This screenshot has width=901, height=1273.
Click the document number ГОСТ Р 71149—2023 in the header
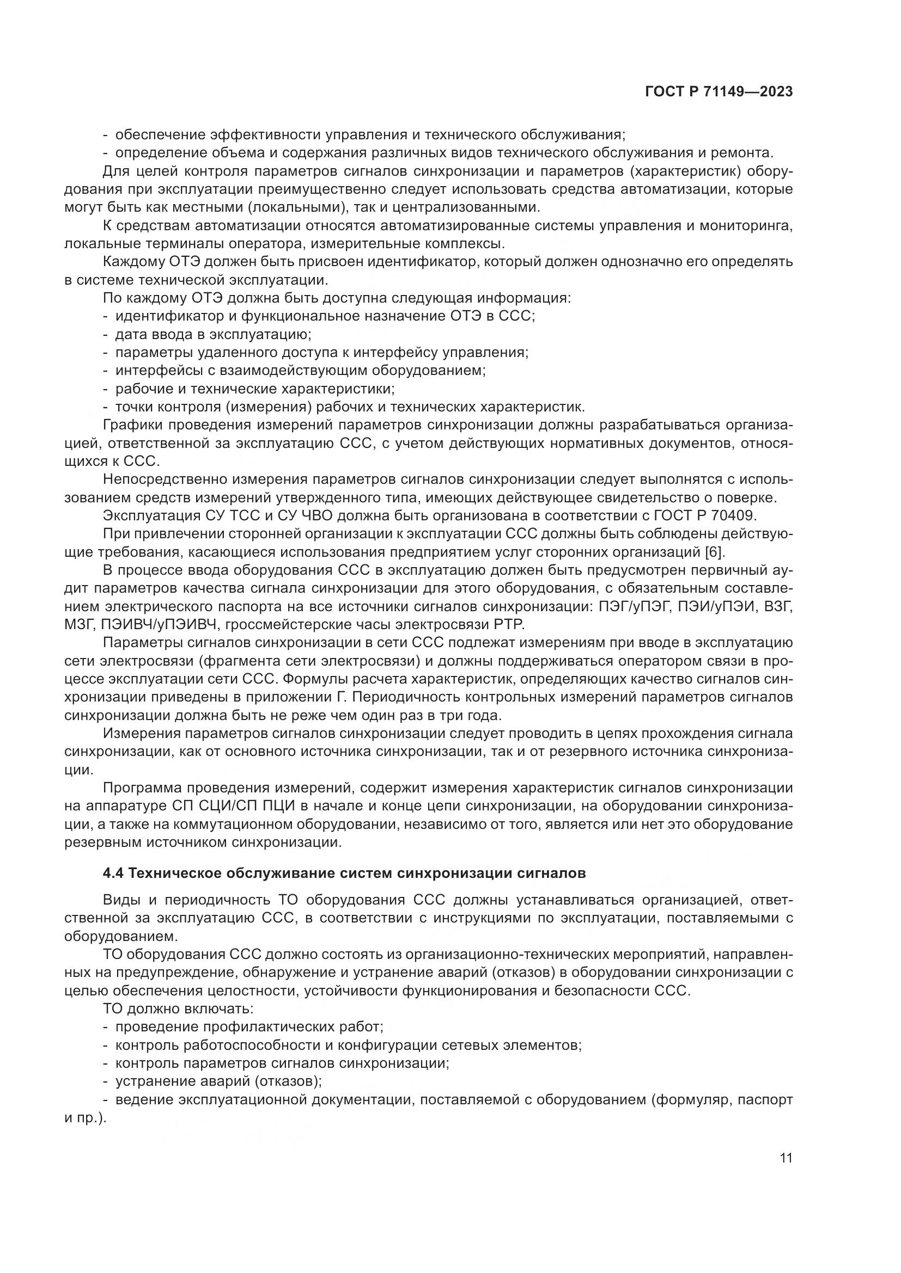[x=719, y=93]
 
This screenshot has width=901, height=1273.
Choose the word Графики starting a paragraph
[x=133, y=425]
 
